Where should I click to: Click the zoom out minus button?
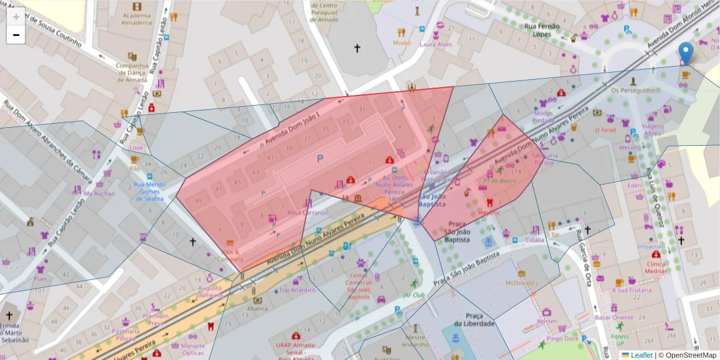coord(16,35)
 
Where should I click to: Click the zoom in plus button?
coord(16,17)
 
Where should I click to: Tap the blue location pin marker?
coord(685,53)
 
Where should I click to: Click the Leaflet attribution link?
coord(641,355)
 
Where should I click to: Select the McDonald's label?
coord(522,283)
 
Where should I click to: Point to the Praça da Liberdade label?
coord(474,319)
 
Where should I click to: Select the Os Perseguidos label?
coord(633,90)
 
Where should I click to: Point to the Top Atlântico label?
coord(297,290)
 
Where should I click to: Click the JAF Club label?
coord(413,295)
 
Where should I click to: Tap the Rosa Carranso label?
coord(308,212)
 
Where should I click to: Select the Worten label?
coord(547,321)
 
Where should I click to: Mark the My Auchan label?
coord(99,194)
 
